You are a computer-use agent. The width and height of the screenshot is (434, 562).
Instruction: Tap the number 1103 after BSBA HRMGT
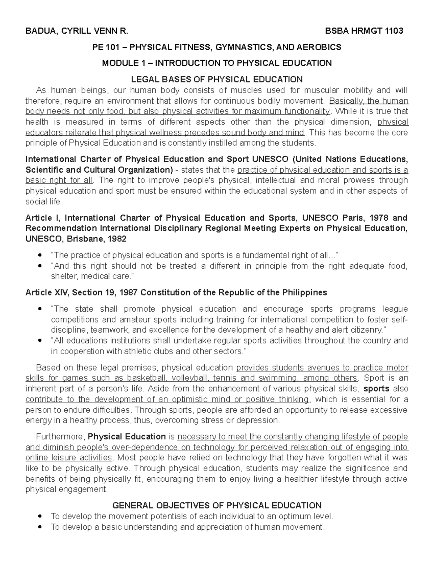click(x=393, y=31)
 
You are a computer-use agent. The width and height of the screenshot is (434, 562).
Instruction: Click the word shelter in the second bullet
click(x=64, y=276)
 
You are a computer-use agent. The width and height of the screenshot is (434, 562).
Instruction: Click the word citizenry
click(x=367, y=330)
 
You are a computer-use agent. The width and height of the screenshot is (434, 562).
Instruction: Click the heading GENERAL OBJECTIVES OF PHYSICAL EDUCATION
click(x=217, y=506)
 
